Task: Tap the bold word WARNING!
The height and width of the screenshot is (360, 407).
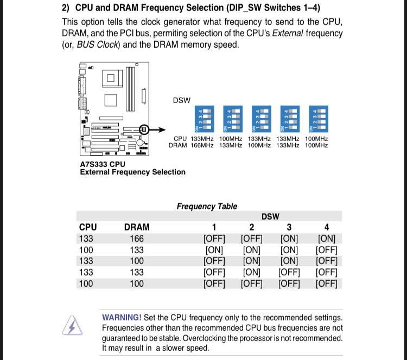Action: click(122, 317)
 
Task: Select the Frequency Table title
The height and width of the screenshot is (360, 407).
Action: click(207, 206)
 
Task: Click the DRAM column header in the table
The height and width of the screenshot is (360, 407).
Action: click(137, 227)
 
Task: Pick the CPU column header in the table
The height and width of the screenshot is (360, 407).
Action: click(88, 227)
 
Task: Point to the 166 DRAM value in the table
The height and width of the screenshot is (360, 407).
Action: click(137, 239)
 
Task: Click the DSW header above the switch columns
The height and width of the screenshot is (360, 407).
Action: click(270, 216)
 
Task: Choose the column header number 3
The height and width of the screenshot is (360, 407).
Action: click(289, 227)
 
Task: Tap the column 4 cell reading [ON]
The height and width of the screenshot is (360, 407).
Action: click(326, 239)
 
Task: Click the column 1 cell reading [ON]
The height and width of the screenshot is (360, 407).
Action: click(214, 250)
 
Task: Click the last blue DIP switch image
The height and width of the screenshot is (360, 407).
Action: click(317, 119)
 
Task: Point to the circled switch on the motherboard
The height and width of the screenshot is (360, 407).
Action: click(144, 130)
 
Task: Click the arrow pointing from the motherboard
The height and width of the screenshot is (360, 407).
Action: click(158, 130)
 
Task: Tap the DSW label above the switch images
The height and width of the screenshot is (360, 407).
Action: click(181, 101)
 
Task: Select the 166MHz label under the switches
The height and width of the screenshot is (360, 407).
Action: click(202, 145)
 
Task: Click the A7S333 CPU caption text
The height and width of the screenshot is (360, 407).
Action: click(103, 164)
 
